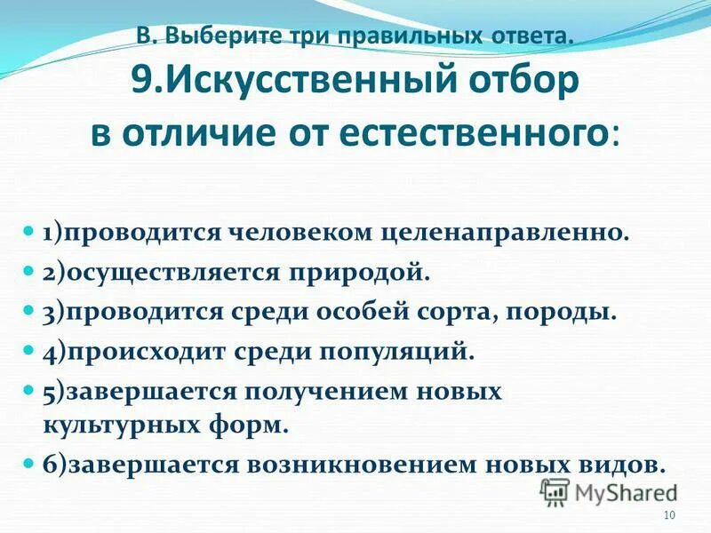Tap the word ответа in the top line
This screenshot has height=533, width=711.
pyautogui.click(x=528, y=36)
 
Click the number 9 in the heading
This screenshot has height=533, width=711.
pyautogui.click(x=143, y=84)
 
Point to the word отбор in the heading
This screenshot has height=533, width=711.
pyautogui.click(x=525, y=84)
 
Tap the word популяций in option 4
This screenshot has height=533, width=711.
pyautogui.click(x=409, y=352)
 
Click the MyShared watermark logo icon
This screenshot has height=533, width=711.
pyautogui.click(x=555, y=491)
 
